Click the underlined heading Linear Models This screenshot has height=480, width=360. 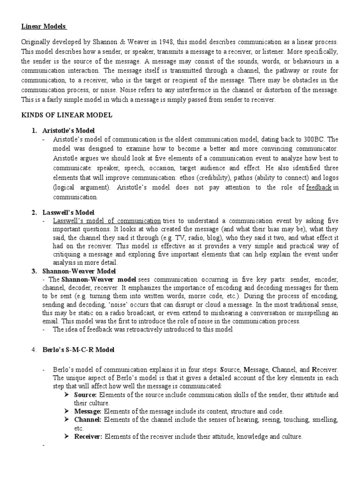point(45,26)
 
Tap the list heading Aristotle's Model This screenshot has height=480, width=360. point(68,130)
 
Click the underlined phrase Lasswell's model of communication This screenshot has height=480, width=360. point(107,220)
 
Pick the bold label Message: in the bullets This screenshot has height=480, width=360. point(88,411)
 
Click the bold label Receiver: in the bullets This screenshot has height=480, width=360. point(89,436)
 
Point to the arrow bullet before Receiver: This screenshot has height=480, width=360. point(67,436)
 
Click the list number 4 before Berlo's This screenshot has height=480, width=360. point(34,350)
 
